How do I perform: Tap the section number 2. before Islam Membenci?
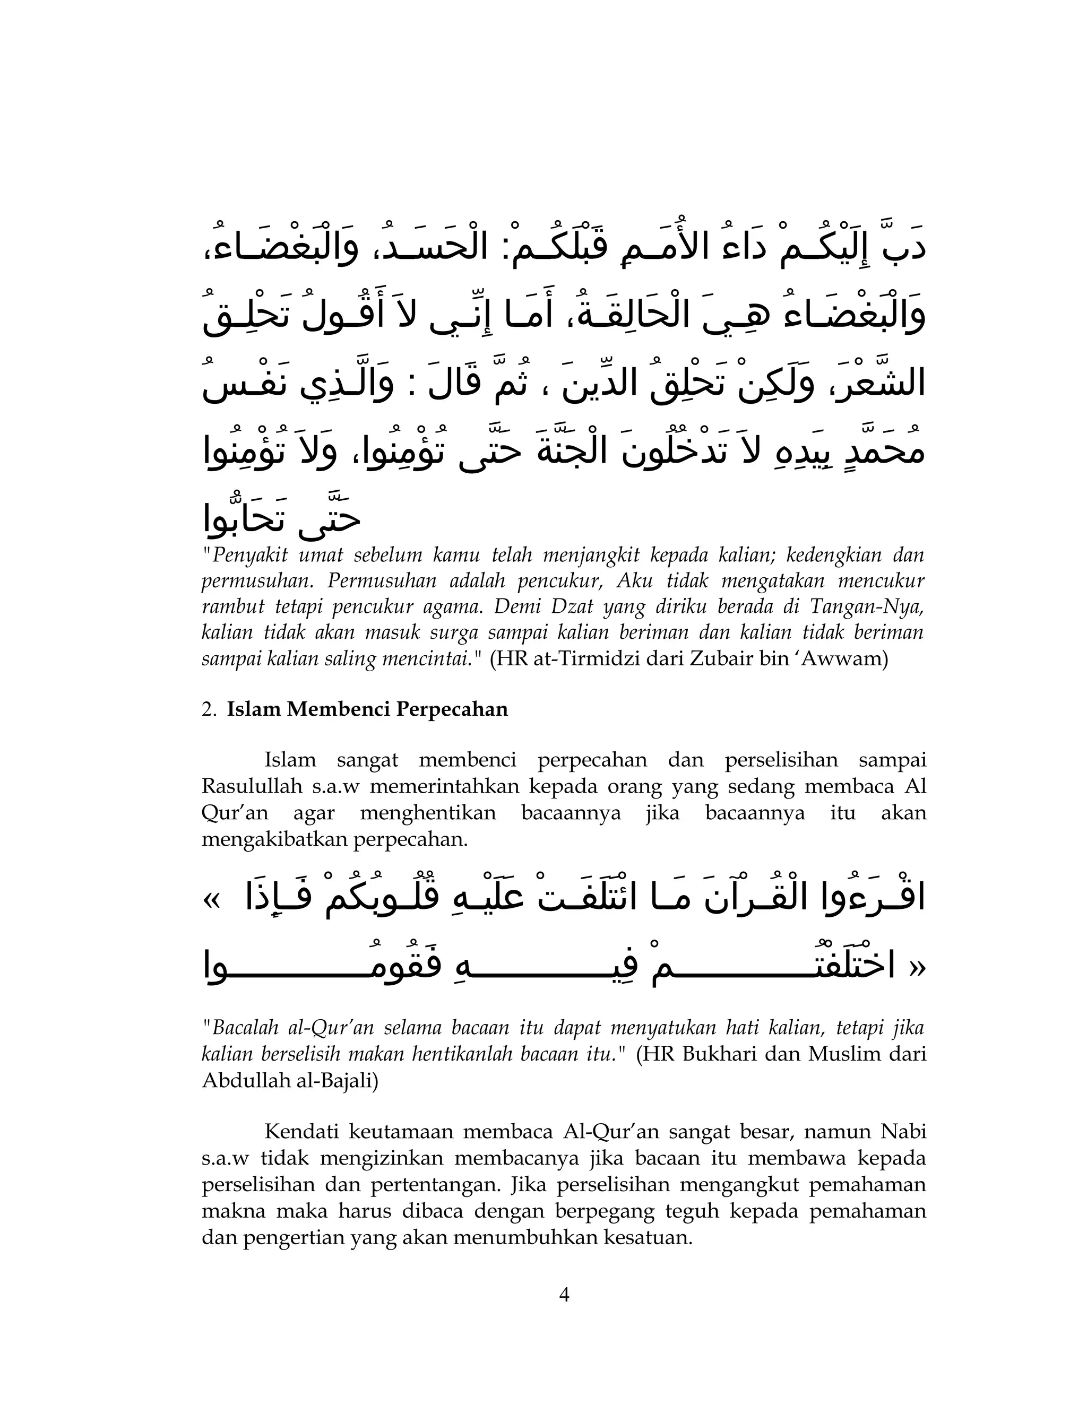[x=209, y=709]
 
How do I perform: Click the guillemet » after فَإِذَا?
[x=212, y=900]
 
